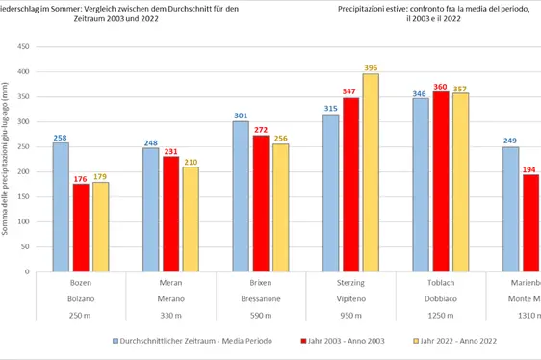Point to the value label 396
coord(371,66)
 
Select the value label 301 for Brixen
coord(241,115)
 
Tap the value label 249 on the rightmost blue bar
coord(510,141)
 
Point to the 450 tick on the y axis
coord(26,46)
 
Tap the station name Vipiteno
coord(350,299)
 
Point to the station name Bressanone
coord(260,299)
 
